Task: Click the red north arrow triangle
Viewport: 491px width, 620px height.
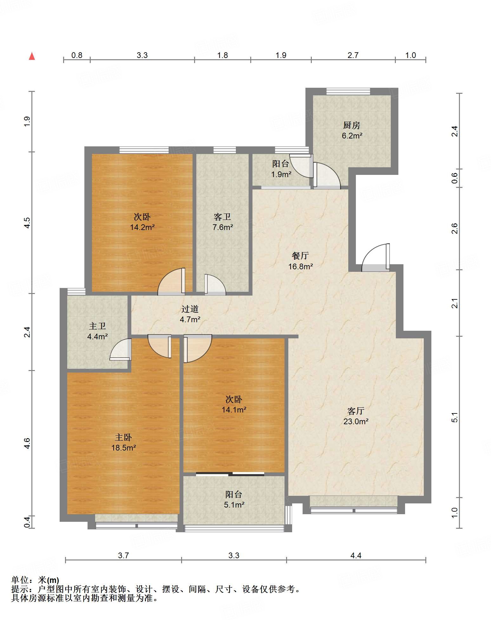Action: point(32,56)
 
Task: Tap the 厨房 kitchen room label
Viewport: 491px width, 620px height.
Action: point(351,125)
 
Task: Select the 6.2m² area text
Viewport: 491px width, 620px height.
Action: point(352,136)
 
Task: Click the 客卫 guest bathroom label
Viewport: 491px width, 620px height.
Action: point(222,217)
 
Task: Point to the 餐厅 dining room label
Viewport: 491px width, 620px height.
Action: point(300,256)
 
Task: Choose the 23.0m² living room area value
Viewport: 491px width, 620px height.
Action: point(356,421)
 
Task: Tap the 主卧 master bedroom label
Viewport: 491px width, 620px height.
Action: point(123,438)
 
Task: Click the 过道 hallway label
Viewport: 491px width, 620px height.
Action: point(190,309)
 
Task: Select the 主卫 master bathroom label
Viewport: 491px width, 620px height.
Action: point(97,326)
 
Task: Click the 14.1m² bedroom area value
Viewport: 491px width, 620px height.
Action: point(234,410)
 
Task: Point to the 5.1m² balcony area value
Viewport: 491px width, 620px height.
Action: point(234,505)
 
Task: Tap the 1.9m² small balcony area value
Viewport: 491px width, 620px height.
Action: point(281,174)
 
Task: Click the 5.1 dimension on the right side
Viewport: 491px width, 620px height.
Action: point(455,417)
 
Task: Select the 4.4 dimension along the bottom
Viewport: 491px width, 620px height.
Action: point(356,555)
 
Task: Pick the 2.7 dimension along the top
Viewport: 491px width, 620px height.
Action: point(353,55)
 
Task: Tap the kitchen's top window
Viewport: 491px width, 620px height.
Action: point(348,91)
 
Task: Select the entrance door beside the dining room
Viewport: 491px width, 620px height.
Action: point(376,258)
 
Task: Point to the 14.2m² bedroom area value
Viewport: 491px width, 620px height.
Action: point(142,227)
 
